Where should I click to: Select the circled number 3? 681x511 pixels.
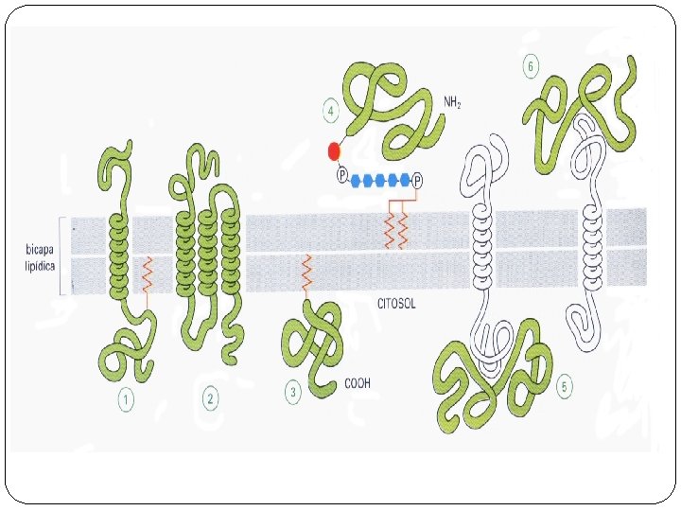294,390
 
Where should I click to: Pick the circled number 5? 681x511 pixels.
565,387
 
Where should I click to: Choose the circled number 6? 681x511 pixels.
531,66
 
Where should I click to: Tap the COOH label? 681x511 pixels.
358,382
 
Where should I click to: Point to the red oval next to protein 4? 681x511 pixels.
334,150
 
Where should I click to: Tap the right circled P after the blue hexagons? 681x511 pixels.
417,179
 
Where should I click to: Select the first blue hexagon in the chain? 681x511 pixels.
358,179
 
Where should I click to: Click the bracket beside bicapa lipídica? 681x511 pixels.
62,255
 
